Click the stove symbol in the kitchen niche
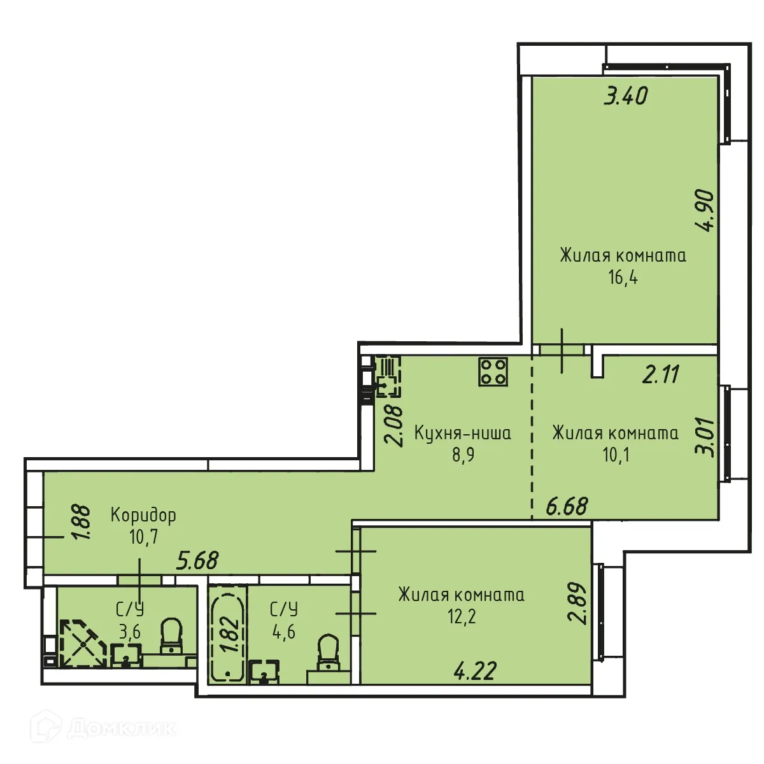493,371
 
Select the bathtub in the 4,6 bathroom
227,637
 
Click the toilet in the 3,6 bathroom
171,637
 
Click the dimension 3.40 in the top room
626,96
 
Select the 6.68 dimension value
567,507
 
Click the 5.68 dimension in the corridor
197,560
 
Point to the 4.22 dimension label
475,671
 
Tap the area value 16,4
623,278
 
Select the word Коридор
143,515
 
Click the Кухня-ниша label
462,434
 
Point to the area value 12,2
462,616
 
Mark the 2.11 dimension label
661,374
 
